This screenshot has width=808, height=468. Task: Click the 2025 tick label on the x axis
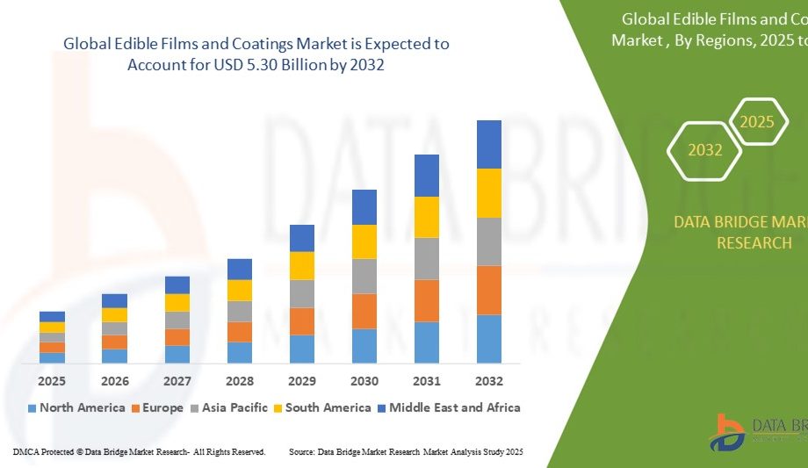52,381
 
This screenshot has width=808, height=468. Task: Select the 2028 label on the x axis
240,381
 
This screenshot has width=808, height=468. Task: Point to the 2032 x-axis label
489,381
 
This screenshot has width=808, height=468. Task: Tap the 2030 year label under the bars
364,381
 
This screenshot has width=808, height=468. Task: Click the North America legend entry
76,407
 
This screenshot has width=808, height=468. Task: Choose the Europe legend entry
157,407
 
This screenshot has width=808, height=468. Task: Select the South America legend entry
324,407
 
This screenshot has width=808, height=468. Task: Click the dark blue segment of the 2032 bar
489,145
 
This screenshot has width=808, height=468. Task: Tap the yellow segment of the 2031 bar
427,217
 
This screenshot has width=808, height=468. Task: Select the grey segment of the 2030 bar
364,276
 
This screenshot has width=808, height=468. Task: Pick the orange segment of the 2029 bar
302,321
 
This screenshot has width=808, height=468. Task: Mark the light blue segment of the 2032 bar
489,339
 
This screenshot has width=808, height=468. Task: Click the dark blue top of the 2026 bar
114,300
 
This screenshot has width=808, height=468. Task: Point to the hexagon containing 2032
705,150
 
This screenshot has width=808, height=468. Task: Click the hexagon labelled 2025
756,122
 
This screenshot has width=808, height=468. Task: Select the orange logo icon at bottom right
729,433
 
